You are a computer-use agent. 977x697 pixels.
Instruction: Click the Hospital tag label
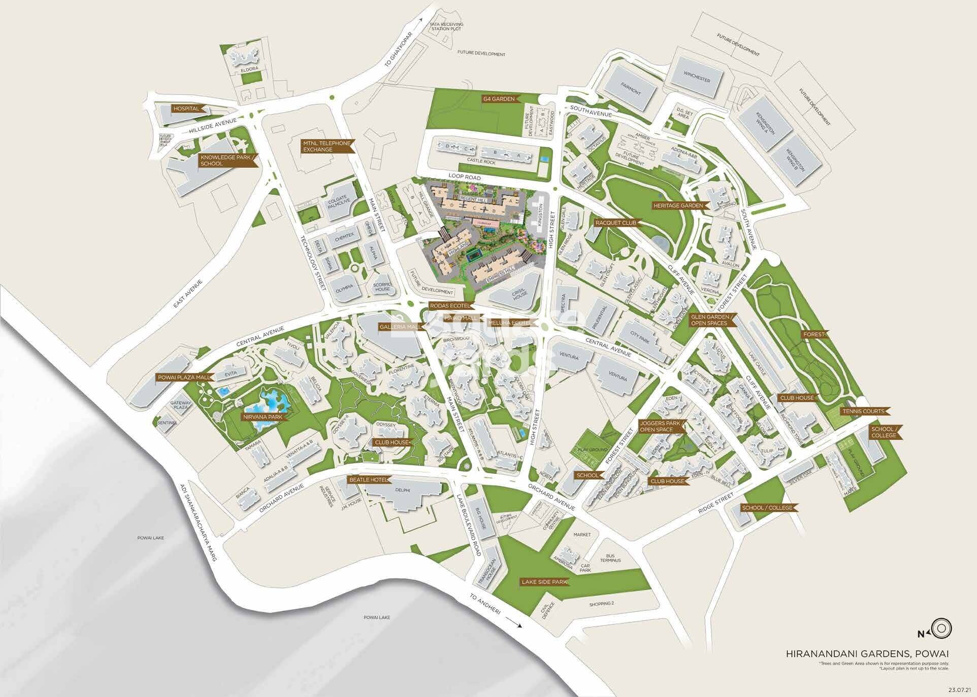(186, 109)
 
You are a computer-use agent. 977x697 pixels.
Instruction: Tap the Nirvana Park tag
(262, 416)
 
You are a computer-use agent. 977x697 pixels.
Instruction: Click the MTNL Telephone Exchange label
(325, 146)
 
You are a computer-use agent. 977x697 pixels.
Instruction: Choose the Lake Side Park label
(544, 582)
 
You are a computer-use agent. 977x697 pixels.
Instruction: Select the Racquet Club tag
(615, 222)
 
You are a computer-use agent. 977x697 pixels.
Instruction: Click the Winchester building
(696, 80)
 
